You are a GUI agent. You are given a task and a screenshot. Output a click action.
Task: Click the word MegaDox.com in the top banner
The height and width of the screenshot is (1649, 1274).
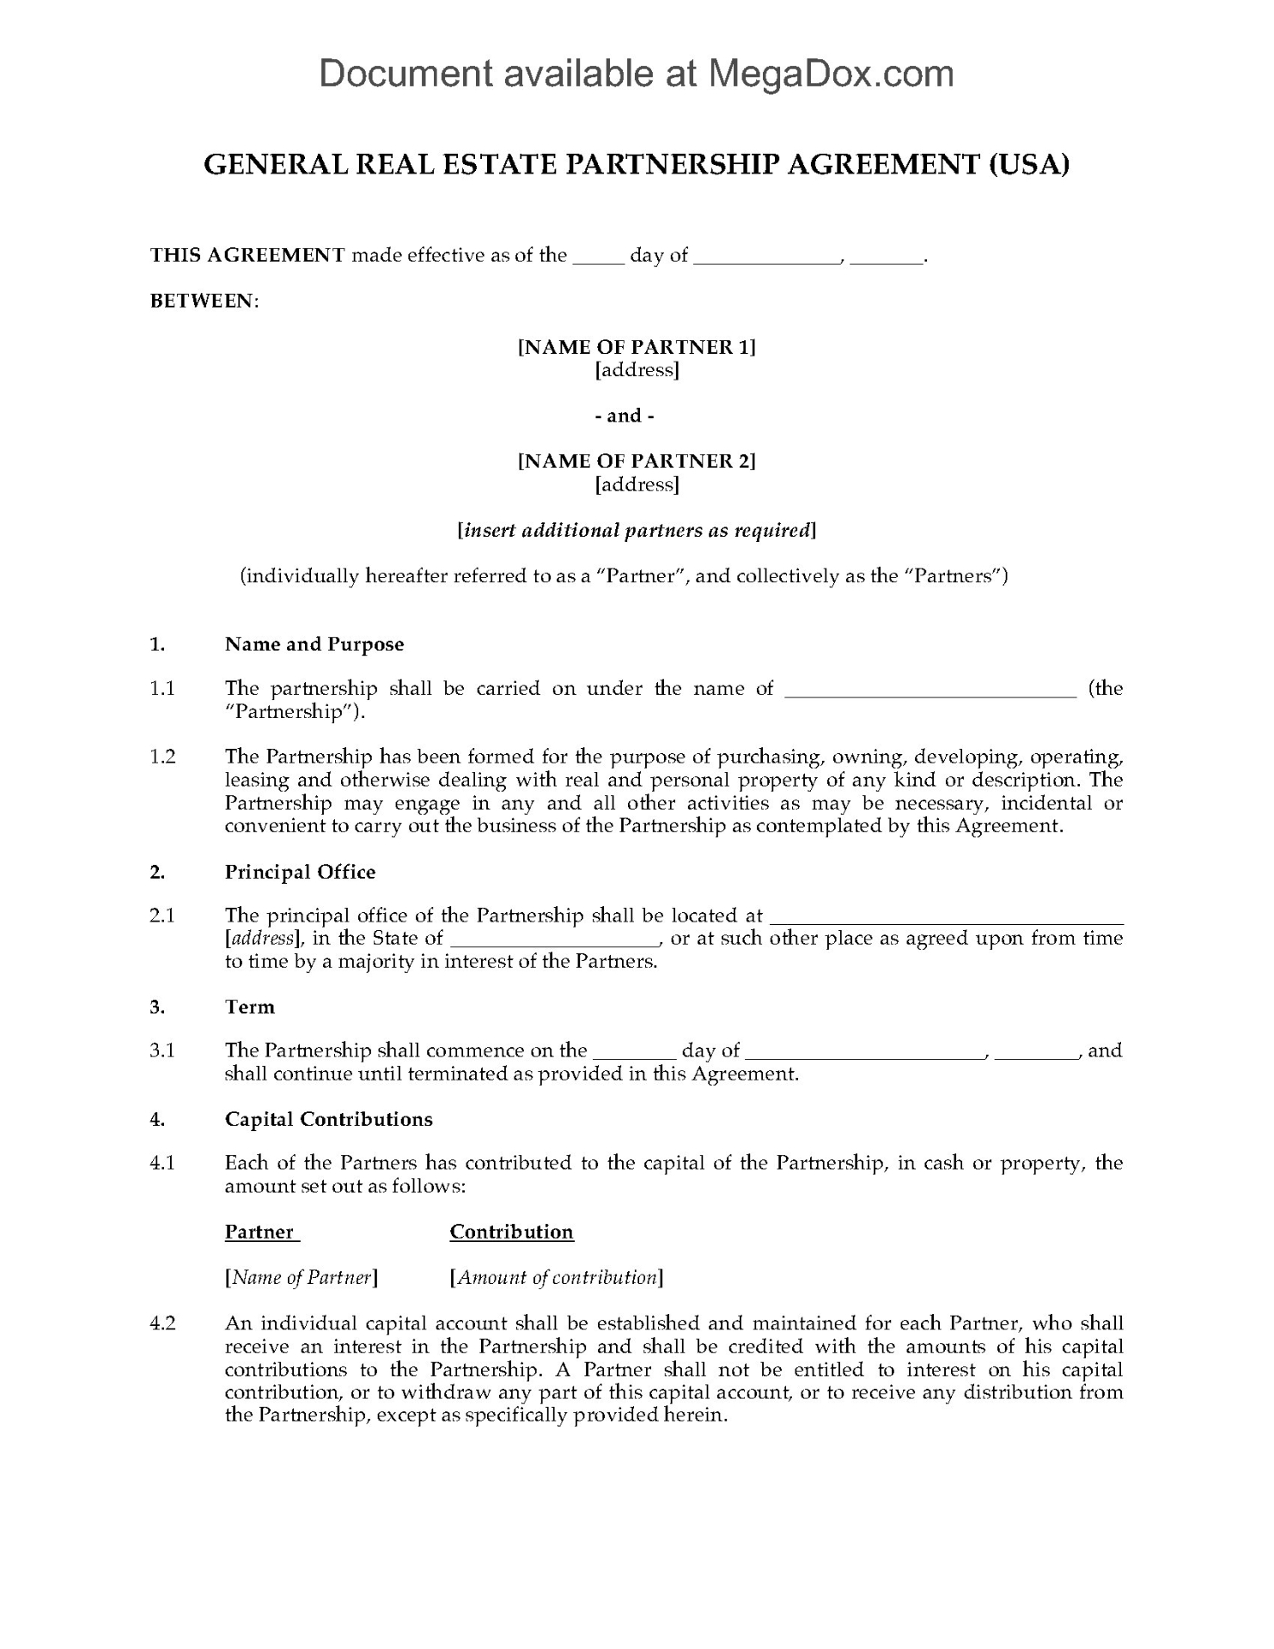[x=830, y=74]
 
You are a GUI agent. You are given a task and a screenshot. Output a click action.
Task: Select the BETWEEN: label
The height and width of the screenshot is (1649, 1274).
[x=204, y=301]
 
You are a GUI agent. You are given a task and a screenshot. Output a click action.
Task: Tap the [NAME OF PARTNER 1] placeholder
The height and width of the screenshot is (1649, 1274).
[x=637, y=347]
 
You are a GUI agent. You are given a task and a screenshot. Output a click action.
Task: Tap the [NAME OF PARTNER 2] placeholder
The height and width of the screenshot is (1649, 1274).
[x=637, y=461]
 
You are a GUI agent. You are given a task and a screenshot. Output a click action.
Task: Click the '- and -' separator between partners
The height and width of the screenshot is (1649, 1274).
[x=637, y=416]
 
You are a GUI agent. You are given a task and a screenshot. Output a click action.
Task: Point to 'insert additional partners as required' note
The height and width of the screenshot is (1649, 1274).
[x=637, y=531]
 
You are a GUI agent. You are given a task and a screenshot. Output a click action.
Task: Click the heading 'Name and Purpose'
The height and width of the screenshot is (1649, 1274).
[x=314, y=644]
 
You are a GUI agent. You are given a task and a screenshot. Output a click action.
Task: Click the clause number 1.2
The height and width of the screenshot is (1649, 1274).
[x=162, y=757]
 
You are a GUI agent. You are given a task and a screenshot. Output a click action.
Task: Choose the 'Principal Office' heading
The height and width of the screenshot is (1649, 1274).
[x=301, y=872]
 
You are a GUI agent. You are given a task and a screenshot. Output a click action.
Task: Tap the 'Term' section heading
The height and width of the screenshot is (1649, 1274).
[x=250, y=1007]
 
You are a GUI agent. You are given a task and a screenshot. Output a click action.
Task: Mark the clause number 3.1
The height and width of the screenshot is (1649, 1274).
[x=162, y=1050]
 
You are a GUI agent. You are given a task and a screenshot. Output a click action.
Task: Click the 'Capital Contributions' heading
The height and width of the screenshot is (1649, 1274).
[x=329, y=1119]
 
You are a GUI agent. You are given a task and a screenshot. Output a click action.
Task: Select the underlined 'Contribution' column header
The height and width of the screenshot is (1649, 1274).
[x=511, y=1232]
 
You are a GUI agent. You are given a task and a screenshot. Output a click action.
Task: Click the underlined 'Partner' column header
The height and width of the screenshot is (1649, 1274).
[x=260, y=1232]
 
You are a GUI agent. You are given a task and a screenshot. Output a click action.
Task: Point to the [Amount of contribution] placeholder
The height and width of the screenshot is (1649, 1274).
[x=557, y=1277]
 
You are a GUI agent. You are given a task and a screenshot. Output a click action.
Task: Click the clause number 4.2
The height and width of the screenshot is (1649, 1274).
[x=162, y=1323]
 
